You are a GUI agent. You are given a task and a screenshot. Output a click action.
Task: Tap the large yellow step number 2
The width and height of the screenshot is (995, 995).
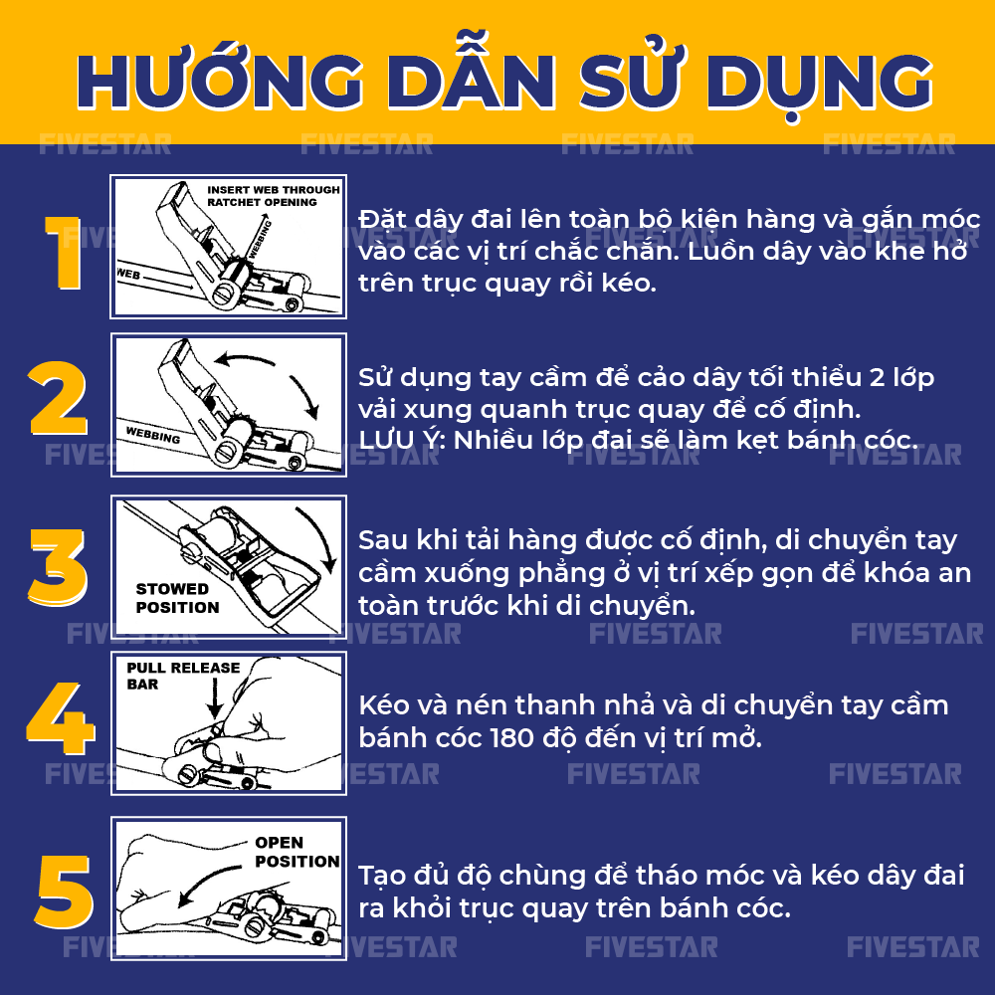tap(58, 400)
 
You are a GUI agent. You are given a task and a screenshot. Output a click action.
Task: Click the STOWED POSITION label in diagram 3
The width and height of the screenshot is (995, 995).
tap(177, 598)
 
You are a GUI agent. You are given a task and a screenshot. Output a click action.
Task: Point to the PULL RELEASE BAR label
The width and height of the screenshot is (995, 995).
tap(183, 676)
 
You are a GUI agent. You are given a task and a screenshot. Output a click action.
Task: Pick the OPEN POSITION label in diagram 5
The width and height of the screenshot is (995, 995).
tap(296, 852)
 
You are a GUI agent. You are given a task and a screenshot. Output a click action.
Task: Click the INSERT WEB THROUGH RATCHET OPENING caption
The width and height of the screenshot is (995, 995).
tap(271, 195)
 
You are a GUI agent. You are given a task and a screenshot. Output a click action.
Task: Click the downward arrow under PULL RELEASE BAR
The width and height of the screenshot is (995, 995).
tap(214, 702)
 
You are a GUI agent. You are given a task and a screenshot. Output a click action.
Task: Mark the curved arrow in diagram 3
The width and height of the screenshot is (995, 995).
tap(318, 542)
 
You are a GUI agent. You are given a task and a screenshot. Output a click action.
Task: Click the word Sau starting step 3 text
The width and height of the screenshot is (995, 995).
tap(383, 540)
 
